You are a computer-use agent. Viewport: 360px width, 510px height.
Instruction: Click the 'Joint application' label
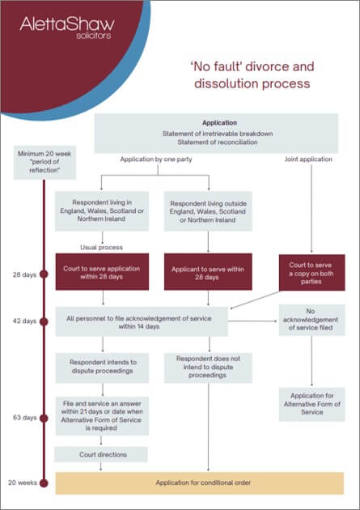pyautogui.click(x=308, y=160)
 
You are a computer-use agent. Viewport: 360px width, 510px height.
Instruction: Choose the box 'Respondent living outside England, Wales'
pyautogui.click(x=210, y=212)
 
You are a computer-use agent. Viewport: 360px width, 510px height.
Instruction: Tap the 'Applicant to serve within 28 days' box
pyautogui.click(x=210, y=273)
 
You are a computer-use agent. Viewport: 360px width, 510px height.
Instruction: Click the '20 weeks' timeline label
pyautogui.click(x=24, y=482)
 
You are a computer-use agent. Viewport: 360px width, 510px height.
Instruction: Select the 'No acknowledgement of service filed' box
pyautogui.click(x=311, y=321)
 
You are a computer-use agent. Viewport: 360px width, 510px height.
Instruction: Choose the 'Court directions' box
pyautogui.click(x=101, y=454)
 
